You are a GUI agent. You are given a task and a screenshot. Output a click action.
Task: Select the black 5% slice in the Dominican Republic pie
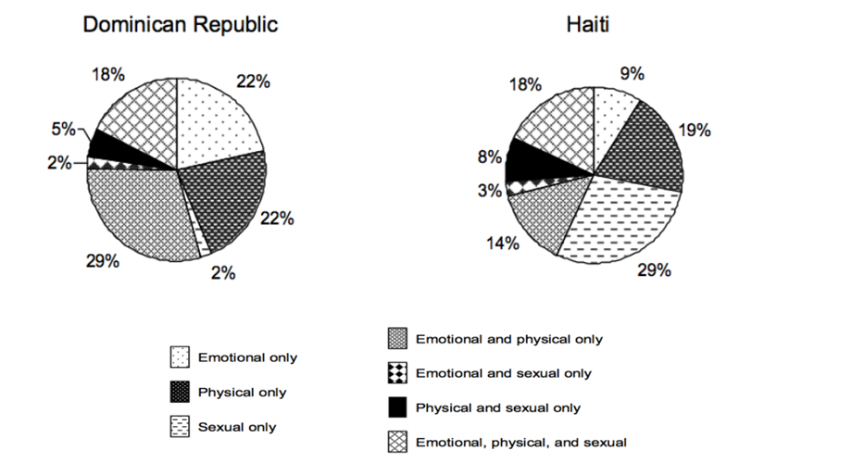tap(106, 145)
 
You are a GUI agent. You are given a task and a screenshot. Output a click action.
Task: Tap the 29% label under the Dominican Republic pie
tap(103, 261)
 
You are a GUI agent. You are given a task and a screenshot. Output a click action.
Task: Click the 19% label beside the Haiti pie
tap(695, 131)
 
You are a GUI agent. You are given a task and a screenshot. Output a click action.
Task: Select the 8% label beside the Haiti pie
tap(489, 158)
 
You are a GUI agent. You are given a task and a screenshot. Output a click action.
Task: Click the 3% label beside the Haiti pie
tap(490, 191)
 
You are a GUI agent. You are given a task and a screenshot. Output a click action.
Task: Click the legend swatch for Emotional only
tap(180, 357)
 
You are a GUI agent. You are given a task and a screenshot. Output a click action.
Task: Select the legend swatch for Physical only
tap(180, 392)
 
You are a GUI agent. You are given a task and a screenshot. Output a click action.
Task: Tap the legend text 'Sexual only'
tap(237, 427)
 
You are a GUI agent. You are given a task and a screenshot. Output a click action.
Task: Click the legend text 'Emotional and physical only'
tap(509, 339)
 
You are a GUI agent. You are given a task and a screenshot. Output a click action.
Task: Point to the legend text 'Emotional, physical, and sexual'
tap(521, 442)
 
